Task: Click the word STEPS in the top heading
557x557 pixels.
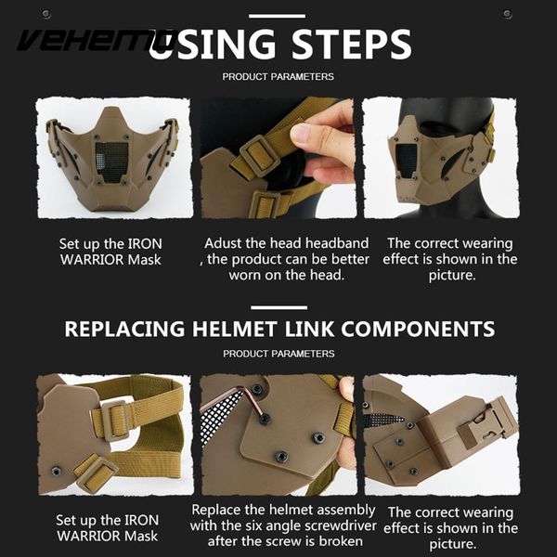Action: pos(351,44)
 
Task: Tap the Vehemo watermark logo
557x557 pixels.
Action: pos(96,40)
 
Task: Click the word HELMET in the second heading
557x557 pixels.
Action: pos(235,329)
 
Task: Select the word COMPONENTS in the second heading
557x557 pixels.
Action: pos(418,329)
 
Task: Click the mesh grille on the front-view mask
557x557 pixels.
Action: pos(112,162)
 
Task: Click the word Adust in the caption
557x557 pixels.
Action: pos(223,243)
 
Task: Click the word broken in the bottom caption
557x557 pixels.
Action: pos(341,541)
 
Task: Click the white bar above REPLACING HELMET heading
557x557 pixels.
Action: pos(278,307)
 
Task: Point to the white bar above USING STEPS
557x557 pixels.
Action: pos(277,16)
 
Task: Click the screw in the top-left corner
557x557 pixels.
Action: pos(46,14)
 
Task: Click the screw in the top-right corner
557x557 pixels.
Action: pos(507,14)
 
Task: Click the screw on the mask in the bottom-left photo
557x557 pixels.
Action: pos(56,471)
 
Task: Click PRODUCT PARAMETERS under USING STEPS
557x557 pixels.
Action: pos(278,77)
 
